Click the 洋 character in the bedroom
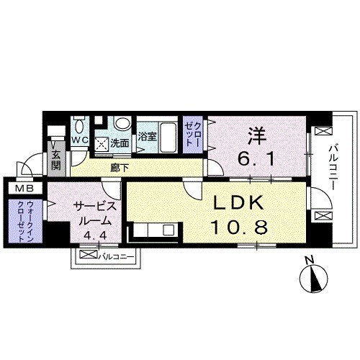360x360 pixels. [x=256, y=135]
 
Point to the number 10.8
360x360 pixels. [x=239, y=228]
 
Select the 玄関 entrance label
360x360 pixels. [x=55, y=159]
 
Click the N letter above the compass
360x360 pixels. [x=308, y=261]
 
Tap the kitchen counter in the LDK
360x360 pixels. [x=152, y=231]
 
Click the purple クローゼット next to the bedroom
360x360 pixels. [x=192, y=135]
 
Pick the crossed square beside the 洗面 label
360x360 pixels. [x=104, y=143]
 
